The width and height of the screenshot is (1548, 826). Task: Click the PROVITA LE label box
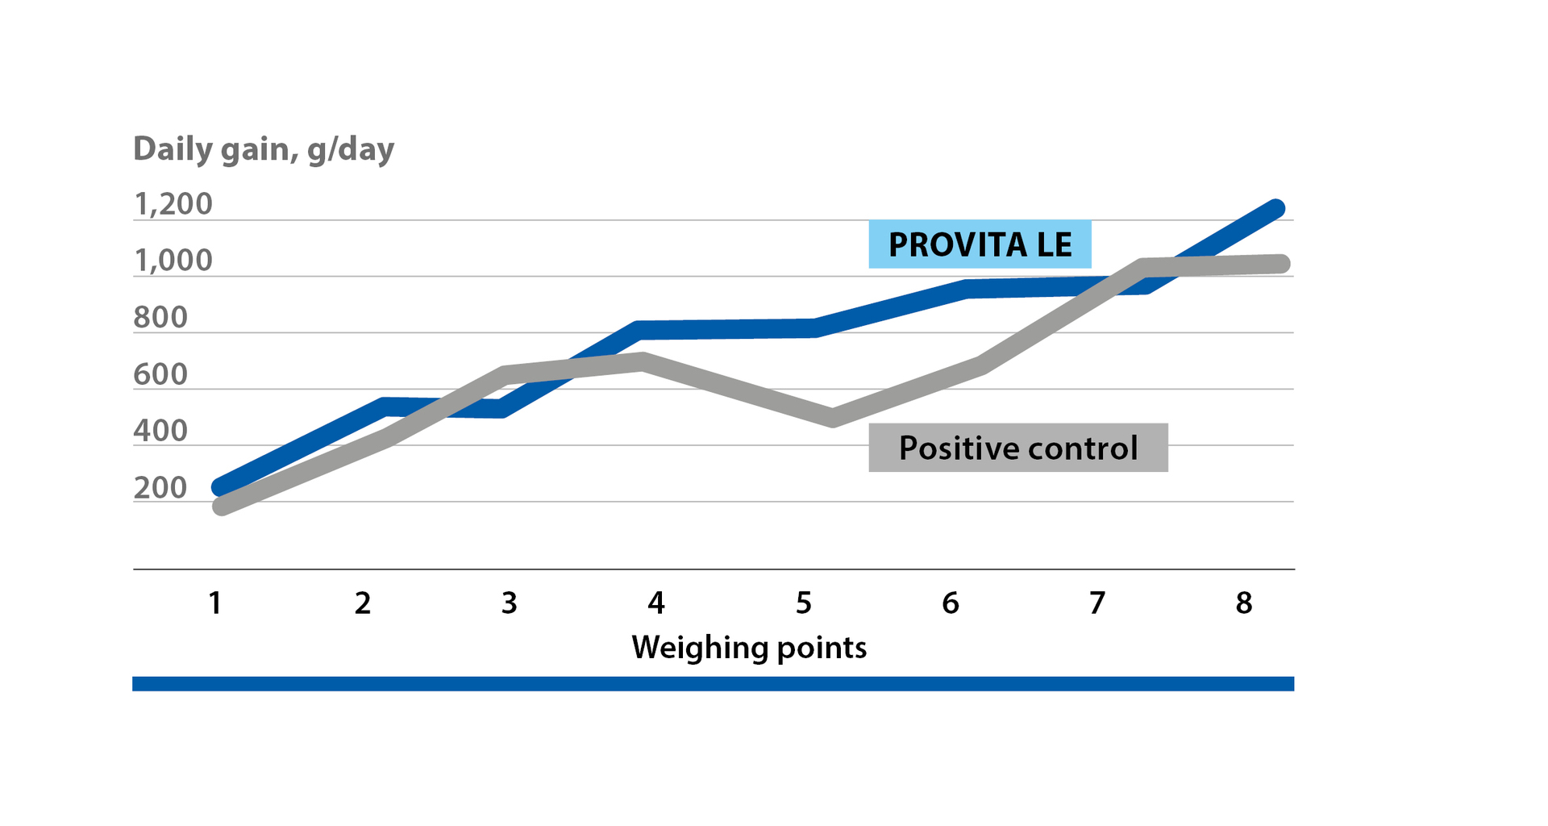[x=980, y=244]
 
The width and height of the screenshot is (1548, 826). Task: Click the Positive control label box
[x=1017, y=448]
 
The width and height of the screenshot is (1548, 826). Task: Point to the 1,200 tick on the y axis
[x=173, y=204]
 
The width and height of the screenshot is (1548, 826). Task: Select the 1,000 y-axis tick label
[x=173, y=261]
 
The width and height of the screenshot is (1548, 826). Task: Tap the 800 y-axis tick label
[x=160, y=318]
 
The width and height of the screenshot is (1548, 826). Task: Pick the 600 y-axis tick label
[x=160, y=374]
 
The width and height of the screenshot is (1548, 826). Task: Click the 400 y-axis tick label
[x=160, y=431]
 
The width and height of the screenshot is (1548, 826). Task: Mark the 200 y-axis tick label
[x=160, y=487]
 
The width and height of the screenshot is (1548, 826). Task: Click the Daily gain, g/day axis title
[x=264, y=149]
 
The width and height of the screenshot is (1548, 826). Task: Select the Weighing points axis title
[x=749, y=647]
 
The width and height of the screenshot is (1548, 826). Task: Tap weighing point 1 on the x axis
[x=215, y=603]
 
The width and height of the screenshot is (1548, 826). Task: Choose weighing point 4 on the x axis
[x=656, y=603]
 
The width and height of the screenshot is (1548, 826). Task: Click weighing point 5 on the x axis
[x=804, y=603]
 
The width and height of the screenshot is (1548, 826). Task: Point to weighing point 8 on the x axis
[x=1244, y=603]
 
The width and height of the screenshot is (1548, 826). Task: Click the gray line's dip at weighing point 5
[x=833, y=418]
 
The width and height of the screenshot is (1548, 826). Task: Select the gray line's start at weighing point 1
[x=221, y=507]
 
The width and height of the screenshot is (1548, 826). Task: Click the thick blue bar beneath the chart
[x=713, y=683]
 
